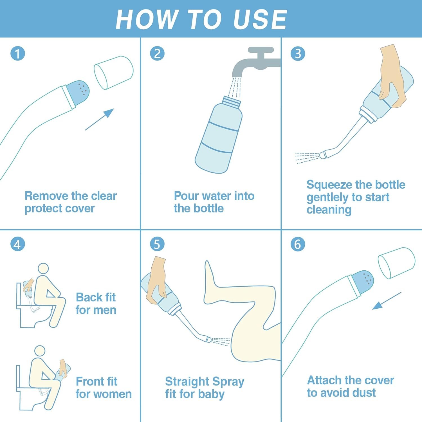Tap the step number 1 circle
[x=18, y=54]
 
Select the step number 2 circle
[x=157, y=53]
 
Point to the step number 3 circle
[x=298, y=53]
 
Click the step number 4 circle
[x=18, y=244]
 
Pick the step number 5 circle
[x=157, y=244]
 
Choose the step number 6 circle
[x=298, y=244]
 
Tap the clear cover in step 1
[x=113, y=73]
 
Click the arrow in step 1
[x=100, y=119]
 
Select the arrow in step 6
[x=387, y=301]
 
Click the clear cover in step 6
[x=397, y=263]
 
